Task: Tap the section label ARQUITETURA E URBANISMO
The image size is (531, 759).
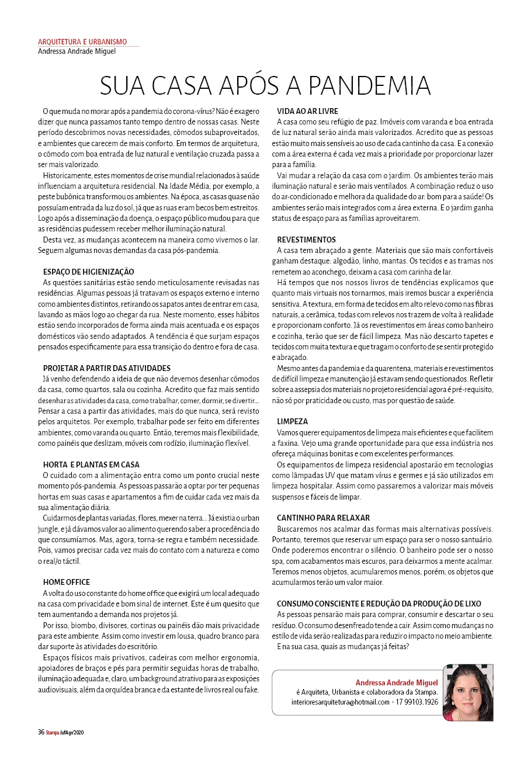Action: click(x=82, y=42)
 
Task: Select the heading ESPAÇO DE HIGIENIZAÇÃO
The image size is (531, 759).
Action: click(x=89, y=272)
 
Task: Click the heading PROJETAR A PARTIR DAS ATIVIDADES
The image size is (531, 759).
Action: click(x=107, y=368)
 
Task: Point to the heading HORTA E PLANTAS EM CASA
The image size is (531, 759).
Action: click(x=92, y=465)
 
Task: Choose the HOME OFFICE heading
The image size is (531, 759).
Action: click(x=67, y=582)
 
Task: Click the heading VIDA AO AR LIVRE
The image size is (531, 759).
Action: click(x=307, y=111)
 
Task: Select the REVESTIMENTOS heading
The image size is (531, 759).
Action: click(x=306, y=240)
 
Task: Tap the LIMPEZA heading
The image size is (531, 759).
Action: click(x=292, y=421)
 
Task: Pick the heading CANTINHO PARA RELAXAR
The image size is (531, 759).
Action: click(x=323, y=518)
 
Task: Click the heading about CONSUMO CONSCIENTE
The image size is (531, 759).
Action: click(x=379, y=604)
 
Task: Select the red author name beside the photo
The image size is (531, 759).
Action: click(x=397, y=682)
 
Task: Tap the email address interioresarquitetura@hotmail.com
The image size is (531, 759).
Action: click(x=340, y=702)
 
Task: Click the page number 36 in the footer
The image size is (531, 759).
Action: click(x=41, y=733)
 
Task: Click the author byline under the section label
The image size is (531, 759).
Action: click(x=77, y=51)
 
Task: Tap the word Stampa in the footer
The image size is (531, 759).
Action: click(x=53, y=733)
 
